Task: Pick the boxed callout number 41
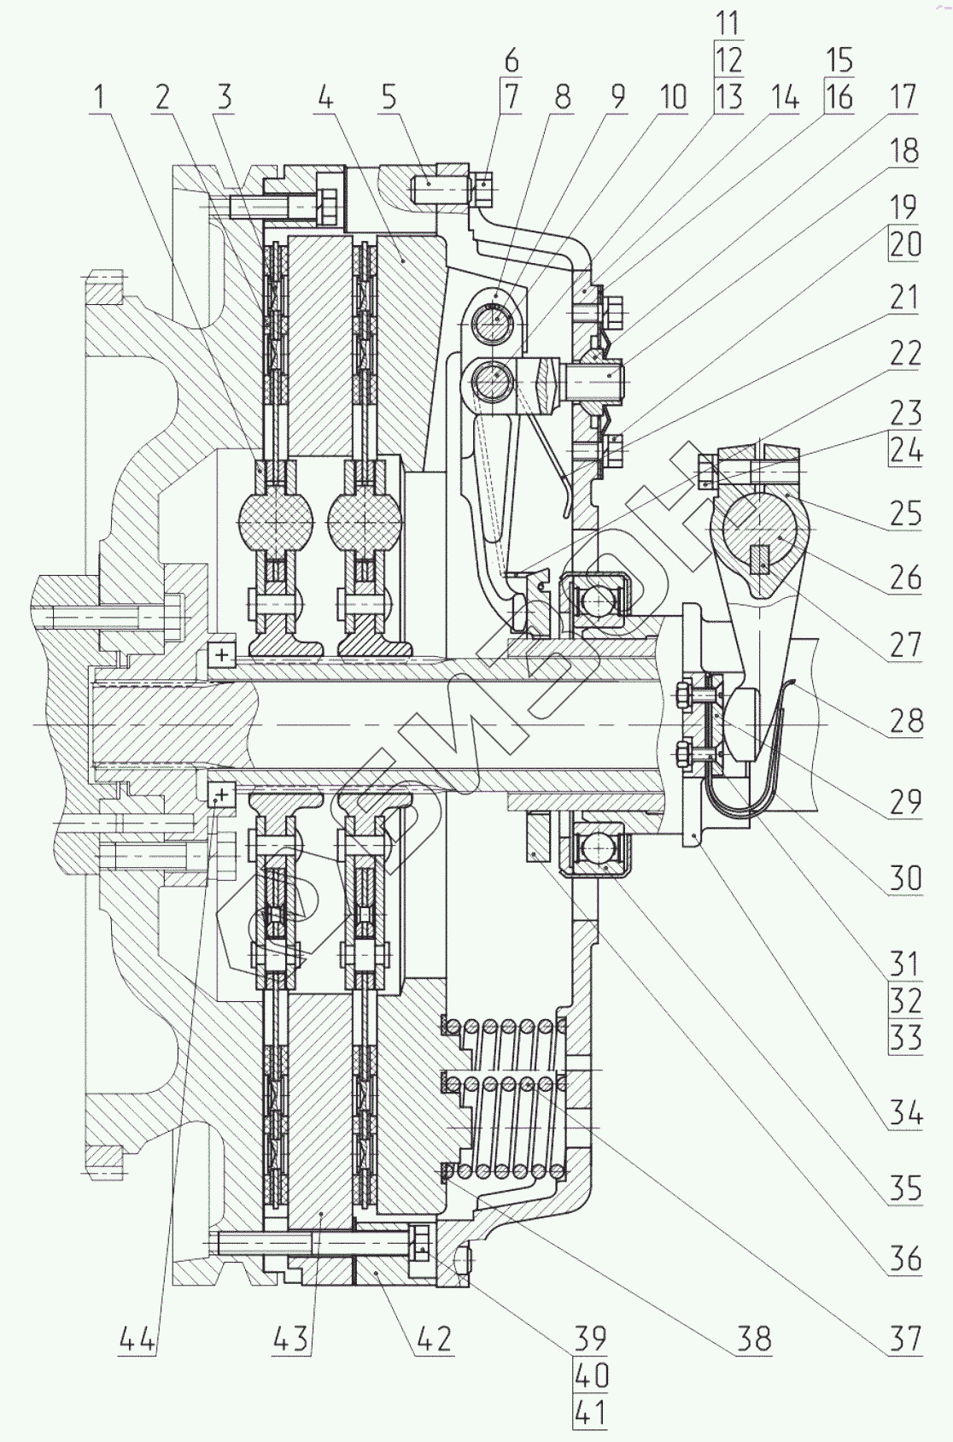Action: pyautogui.click(x=590, y=1413)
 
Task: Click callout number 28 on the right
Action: pyautogui.click(x=904, y=721)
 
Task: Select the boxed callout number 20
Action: pyautogui.click(x=903, y=245)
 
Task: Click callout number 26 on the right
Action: pyautogui.click(x=903, y=577)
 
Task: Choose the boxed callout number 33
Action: pyautogui.click(x=903, y=1038)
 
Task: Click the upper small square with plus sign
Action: pyautogui.click(x=222, y=655)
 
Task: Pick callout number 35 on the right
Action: pyautogui.click(x=903, y=1187)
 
